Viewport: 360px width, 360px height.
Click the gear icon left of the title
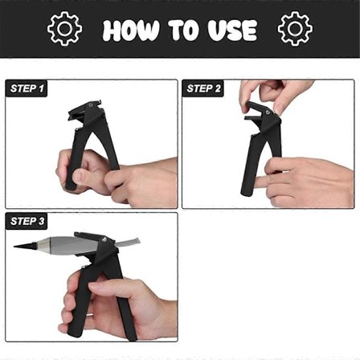click(64, 28)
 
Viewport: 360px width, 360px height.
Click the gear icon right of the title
click(295, 28)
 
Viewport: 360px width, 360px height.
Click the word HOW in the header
click(131, 30)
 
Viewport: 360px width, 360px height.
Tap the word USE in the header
click(232, 30)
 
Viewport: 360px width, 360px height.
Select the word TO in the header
click(183, 30)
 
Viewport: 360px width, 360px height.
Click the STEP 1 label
click(27, 88)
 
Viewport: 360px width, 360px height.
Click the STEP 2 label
click(203, 88)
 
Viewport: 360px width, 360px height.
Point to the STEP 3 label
click(27, 221)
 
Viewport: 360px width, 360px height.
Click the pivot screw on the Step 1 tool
click(91, 105)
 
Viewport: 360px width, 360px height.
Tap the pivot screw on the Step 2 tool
click(267, 112)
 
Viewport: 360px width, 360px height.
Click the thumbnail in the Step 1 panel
click(79, 177)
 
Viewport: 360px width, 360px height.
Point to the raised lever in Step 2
click(259, 108)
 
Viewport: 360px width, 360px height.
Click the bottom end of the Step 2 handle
click(246, 192)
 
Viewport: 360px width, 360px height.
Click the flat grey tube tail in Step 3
click(128, 243)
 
